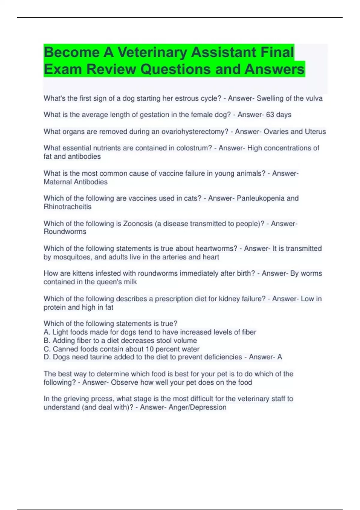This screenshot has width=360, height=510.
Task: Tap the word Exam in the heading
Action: (63, 69)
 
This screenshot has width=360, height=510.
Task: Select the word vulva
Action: (313, 98)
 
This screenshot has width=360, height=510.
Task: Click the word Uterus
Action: (315, 131)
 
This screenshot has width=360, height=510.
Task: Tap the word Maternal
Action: (57, 182)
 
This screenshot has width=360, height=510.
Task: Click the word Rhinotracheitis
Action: (67, 207)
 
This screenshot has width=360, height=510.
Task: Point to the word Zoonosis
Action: (138, 223)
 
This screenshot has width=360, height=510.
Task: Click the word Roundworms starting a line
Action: (65, 232)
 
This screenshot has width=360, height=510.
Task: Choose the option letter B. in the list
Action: (47, 340)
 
